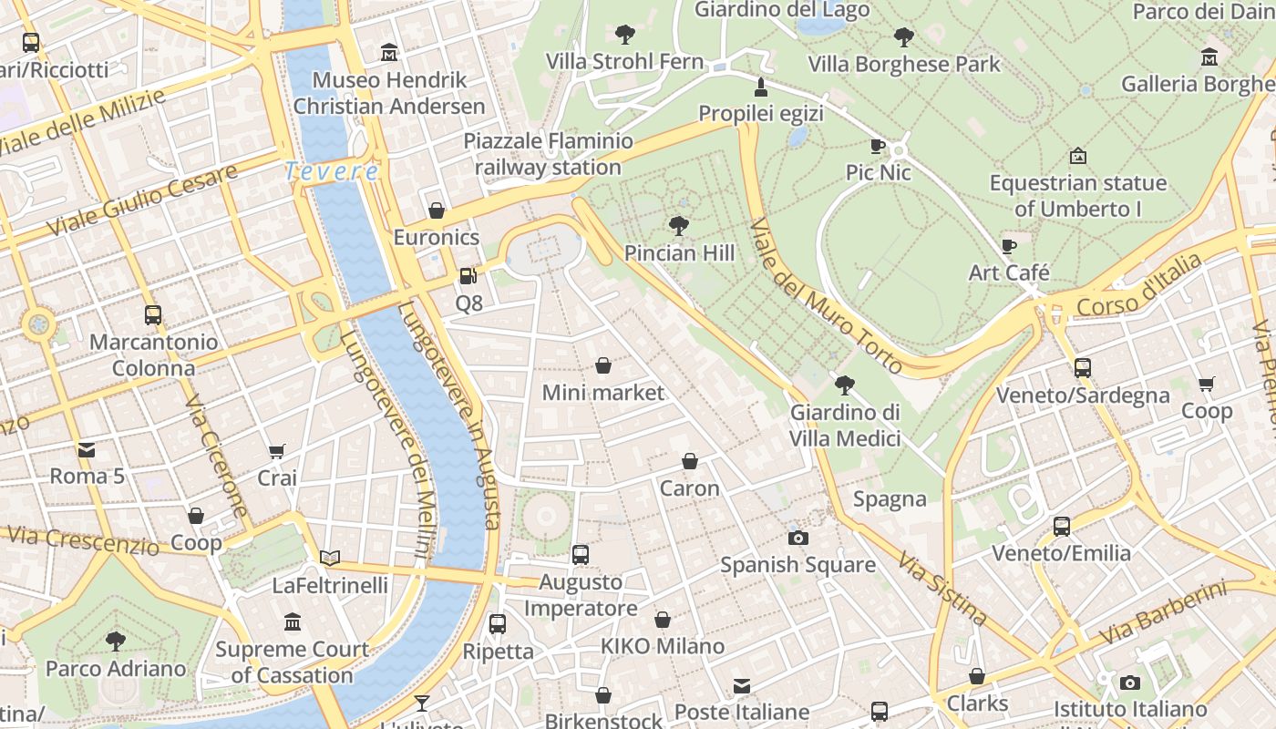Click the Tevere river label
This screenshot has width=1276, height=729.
point(331,170)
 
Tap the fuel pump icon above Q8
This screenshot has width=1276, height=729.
point(468,275)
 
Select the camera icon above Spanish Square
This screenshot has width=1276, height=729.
point(798,538)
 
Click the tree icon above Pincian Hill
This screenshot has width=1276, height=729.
point(678,225)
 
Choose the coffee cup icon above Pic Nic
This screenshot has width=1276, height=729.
point(878,146)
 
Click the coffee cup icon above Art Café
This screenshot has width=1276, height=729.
point(1009,246)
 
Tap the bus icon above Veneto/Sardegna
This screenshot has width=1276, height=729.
point(1082,368)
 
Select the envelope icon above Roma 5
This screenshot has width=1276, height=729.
point(87,449)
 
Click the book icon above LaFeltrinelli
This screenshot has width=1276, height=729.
point(330,558)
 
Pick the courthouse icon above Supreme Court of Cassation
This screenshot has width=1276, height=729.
point(293,622)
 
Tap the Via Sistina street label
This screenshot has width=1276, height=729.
point(942,588)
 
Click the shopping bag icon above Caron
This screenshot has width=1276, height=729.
point(690,462)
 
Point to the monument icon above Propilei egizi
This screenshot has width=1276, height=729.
point(761,87)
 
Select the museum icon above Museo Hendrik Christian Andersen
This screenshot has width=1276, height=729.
point(389,53)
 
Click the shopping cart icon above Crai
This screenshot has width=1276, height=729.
point(277,451)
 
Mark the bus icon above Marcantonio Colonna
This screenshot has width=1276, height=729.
point(153,315)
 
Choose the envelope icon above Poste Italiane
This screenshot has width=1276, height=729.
point(742,685)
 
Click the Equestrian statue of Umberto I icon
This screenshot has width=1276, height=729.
point(1078,156)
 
